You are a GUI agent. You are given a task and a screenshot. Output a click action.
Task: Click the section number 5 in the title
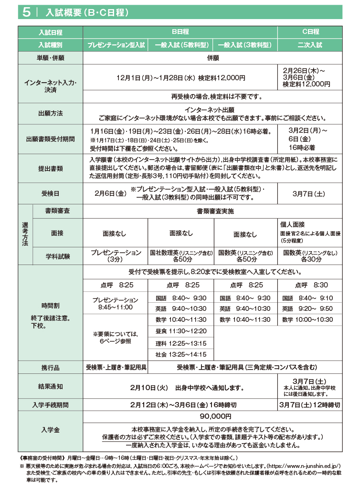26,13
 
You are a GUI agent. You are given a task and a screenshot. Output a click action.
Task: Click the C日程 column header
310,32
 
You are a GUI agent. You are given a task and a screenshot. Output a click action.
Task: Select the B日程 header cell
180,32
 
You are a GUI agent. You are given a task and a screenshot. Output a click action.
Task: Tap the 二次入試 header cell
310,45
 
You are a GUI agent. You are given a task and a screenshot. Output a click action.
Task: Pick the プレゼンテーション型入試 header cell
116,45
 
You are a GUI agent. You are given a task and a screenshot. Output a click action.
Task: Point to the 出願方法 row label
51,114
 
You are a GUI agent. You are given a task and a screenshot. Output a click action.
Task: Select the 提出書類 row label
51,169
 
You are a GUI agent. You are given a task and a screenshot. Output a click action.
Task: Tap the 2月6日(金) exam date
110,193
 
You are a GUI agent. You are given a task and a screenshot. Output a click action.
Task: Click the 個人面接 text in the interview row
293,224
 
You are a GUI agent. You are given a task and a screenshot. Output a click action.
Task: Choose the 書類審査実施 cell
215,211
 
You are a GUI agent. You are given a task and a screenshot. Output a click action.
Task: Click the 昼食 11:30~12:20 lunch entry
181,331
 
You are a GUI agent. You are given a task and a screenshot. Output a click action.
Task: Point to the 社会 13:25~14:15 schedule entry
181,354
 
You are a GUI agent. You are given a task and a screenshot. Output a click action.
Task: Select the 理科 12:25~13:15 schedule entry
181,343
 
